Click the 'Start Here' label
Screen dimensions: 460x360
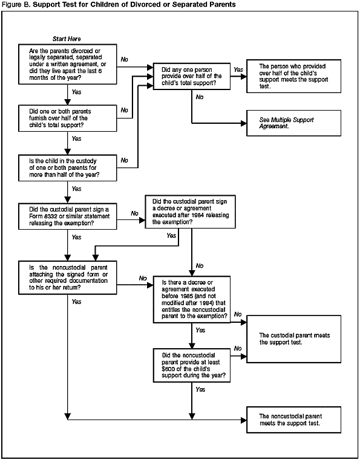[67, 38]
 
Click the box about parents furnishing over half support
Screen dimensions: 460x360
[67, 118]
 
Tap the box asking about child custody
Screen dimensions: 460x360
[67, 166]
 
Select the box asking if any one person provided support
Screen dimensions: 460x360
[192, 77]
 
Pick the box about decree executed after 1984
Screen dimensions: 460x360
[192, 212]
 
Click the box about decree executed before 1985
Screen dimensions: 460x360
[192, 299]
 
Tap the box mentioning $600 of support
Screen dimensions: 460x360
[192, 363]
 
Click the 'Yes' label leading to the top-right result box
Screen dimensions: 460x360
[238, 70]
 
